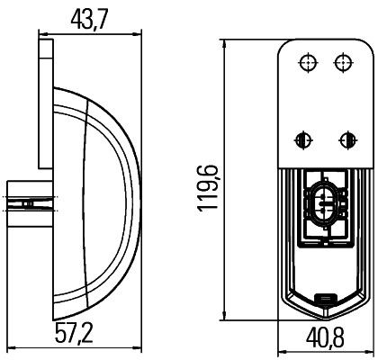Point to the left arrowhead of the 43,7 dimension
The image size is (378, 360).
tap(41, 33)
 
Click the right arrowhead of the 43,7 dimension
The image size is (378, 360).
tap(139, 33)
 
